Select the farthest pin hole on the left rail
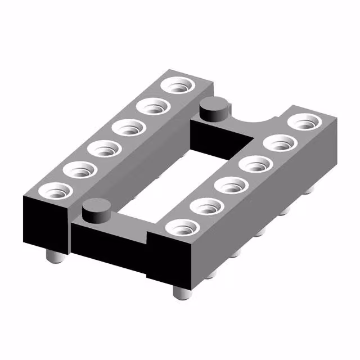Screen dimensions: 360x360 pyautogui.click(x=179, y=86)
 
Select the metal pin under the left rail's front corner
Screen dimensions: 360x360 pyautogui.click(x=53, y=257)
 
